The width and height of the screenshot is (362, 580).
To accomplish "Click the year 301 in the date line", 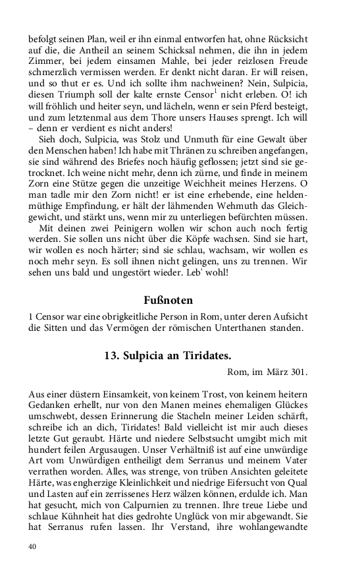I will (x=297, y=373).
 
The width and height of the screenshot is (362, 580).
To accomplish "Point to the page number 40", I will (x=32, y=546).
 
